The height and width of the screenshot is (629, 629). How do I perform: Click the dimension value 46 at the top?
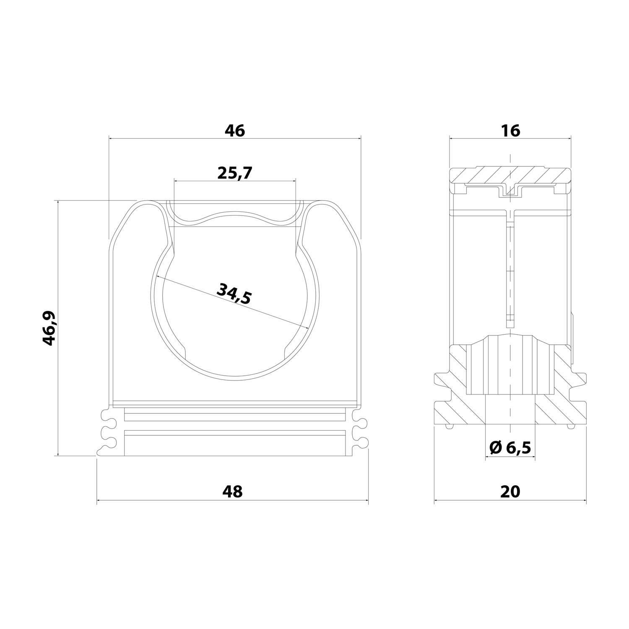234,131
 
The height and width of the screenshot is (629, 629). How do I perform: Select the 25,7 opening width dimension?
234,173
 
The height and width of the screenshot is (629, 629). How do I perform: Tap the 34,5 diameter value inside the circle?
234,294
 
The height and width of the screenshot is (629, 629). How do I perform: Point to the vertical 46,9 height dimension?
49,328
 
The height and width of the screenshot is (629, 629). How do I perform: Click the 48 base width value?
233,491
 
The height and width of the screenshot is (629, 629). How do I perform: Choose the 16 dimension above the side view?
510,131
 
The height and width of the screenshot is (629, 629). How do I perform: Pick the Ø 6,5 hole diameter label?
510,448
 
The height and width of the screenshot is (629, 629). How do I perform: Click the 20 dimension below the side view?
510,491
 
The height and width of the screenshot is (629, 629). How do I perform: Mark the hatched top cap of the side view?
510,175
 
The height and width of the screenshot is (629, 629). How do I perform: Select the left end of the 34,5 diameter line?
156,276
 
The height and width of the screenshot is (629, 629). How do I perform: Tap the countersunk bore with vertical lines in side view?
510,365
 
